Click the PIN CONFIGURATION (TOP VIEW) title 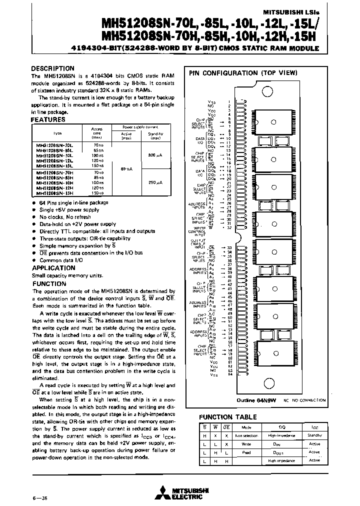[x=230, y=73]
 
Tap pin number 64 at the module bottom [x=229, y=374]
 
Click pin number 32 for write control [x=229, y=227]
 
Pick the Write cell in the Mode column [x=246, y=443]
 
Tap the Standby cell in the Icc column [x=314, y=435]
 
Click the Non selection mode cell [x=246, y=435]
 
